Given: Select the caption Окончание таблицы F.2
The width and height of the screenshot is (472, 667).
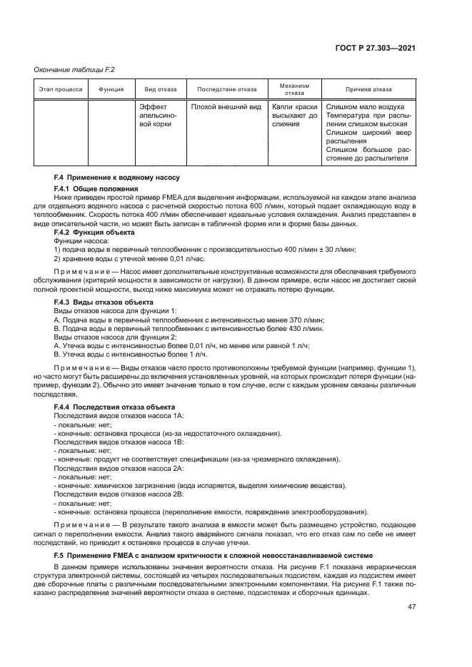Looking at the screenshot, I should (75, 69).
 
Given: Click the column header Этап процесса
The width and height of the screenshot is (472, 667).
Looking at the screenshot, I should (61, 90).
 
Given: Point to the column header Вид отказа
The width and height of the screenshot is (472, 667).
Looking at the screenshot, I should (160, 90).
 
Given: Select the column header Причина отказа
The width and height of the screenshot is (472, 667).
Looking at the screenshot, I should (368, 90).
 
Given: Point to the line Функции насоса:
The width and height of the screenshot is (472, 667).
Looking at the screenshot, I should (80, 241).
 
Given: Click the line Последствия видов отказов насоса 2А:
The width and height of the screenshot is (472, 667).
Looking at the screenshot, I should (119, 469).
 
